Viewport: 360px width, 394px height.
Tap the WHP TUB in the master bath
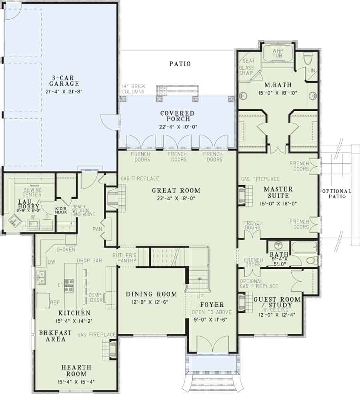coord(277,53)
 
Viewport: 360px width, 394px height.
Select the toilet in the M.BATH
coord(308,59)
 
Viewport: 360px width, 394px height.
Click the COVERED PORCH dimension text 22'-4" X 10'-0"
coord(177,126)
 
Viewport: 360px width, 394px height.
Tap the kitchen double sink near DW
coord(41,276)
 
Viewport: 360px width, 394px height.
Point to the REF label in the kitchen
coord(54,303)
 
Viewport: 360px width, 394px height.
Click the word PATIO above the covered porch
coord(180,64)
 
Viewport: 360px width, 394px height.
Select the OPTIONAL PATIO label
coord(337,194)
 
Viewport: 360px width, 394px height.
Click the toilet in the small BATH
coord(310,260)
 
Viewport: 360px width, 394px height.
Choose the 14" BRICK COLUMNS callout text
coord(134,89)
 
